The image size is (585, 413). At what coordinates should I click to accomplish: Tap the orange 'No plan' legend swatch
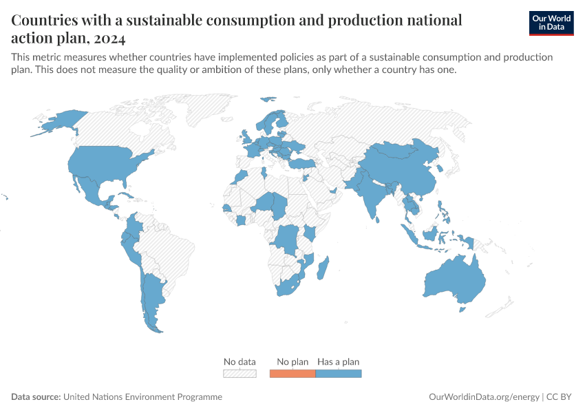click(292, 373)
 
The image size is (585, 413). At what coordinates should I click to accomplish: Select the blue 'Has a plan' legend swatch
click(338, 373)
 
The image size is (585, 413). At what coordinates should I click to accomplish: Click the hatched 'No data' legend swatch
click(240, 373)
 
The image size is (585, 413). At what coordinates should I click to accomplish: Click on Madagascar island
click(323, 268)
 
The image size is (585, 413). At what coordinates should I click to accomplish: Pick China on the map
click(403, 169)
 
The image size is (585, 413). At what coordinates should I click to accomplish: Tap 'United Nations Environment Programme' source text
click(142, 397)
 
